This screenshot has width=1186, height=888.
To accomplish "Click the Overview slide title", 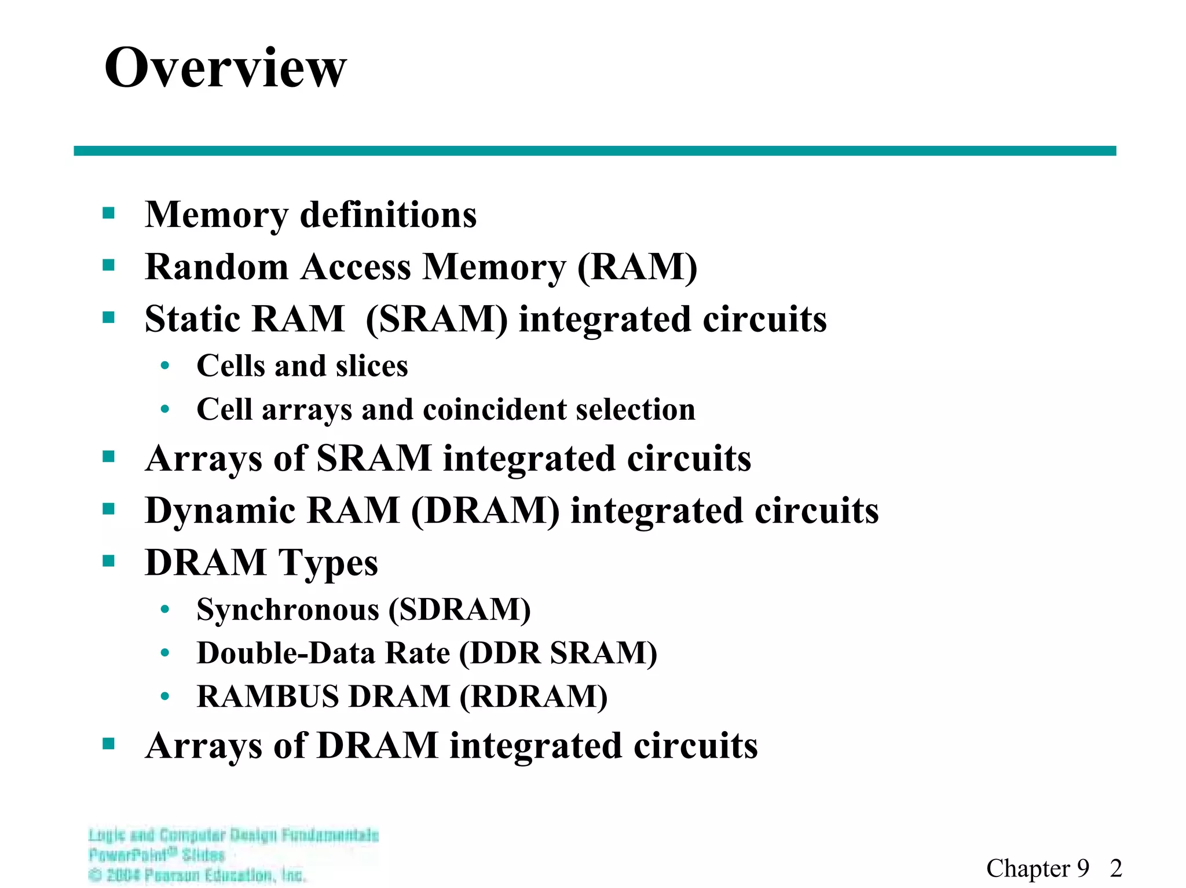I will coord(225,68).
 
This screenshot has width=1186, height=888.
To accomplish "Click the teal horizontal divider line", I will coord(594,151).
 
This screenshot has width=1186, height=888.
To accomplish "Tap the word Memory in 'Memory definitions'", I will coord(216,215).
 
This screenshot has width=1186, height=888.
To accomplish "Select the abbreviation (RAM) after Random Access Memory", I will coord(637,267).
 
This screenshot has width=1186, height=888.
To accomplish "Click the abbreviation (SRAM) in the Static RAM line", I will coord(437,320).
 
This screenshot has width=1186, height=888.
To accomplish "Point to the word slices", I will coord(372,366).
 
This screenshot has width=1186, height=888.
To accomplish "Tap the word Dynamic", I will coord(220,511).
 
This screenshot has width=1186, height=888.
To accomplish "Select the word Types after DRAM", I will coord(328,563).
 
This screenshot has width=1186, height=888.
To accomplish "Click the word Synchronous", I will coord(288,610).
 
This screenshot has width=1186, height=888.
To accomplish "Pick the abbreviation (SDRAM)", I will coord(459,610).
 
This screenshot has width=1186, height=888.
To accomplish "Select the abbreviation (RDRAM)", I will coord(533,696).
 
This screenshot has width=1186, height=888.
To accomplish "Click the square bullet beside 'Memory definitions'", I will coord(108,214).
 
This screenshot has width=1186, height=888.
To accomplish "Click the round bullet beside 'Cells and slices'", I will coord(165,366).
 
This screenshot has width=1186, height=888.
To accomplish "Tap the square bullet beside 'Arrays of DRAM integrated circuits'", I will coord(108,744).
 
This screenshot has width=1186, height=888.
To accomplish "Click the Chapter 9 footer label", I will coord(1037,868).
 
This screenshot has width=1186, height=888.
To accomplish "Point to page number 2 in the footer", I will coord(1116,868).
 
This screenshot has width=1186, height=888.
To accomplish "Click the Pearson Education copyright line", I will coord(197,875).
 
